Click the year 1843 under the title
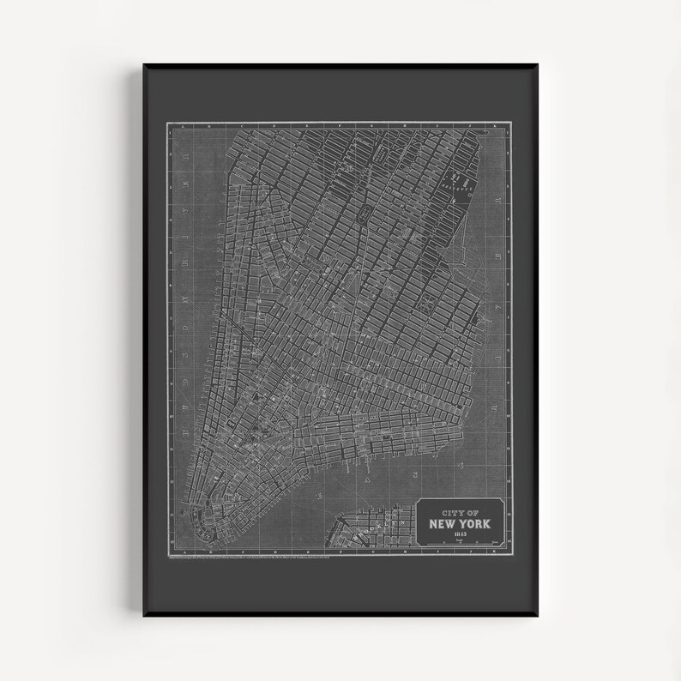point(461,533)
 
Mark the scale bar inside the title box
point(461,542)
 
